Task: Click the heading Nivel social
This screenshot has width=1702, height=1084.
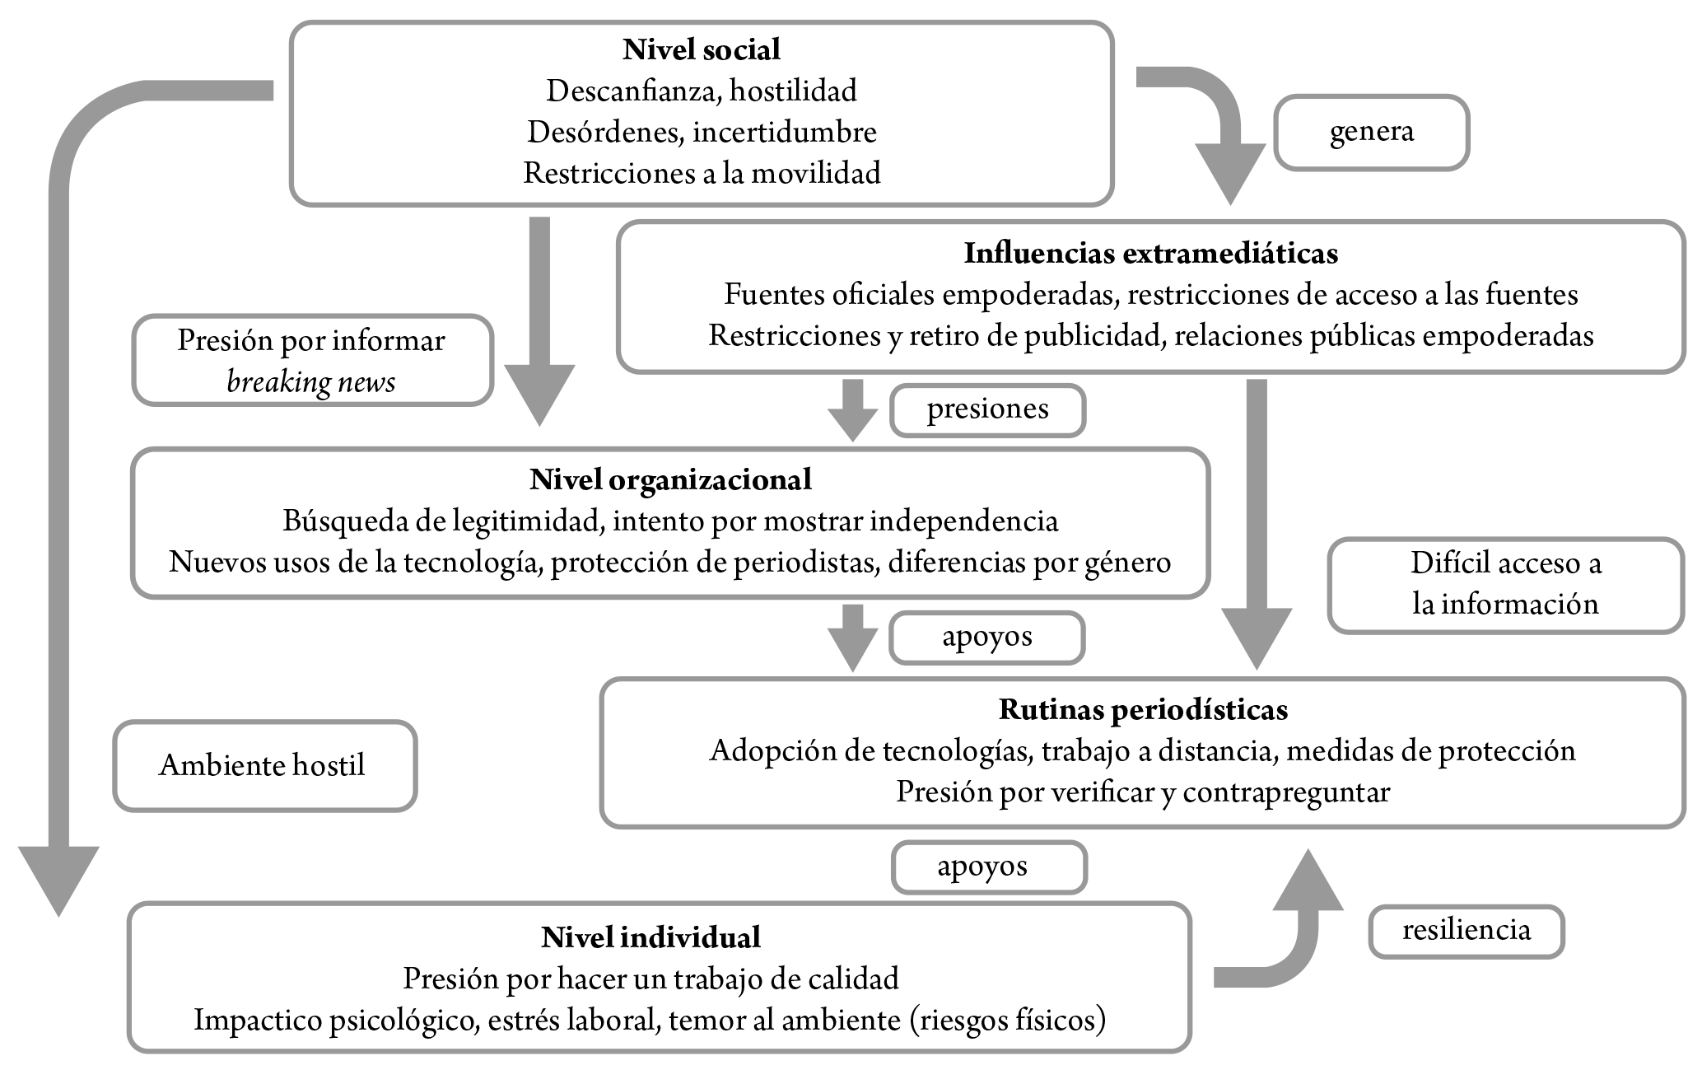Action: pos(702,49)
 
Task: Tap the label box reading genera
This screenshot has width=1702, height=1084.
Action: pos(1372,133)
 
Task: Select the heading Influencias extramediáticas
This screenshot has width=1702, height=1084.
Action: pos(1151,253)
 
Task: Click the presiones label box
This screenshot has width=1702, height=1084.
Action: pos(988,410)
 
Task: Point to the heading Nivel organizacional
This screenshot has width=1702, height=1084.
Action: pos(670,479)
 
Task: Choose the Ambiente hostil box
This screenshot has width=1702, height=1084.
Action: pos(265,766)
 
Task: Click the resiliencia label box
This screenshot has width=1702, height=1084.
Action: pos(1467,932)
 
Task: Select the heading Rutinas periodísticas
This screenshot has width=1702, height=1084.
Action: pos(1144,709)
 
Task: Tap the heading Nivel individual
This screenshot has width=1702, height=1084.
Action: pos(650,937)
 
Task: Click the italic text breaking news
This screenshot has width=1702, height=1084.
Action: pos(311,382)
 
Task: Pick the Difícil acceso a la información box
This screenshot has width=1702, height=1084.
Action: pos(1506,586)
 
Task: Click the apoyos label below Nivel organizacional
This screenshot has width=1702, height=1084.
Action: pos(987,638)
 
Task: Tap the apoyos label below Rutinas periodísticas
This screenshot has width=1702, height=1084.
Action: pos(990,867)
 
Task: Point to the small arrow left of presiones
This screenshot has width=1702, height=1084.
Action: pos(853,410)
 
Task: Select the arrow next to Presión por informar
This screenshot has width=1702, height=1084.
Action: pos(539,321)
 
